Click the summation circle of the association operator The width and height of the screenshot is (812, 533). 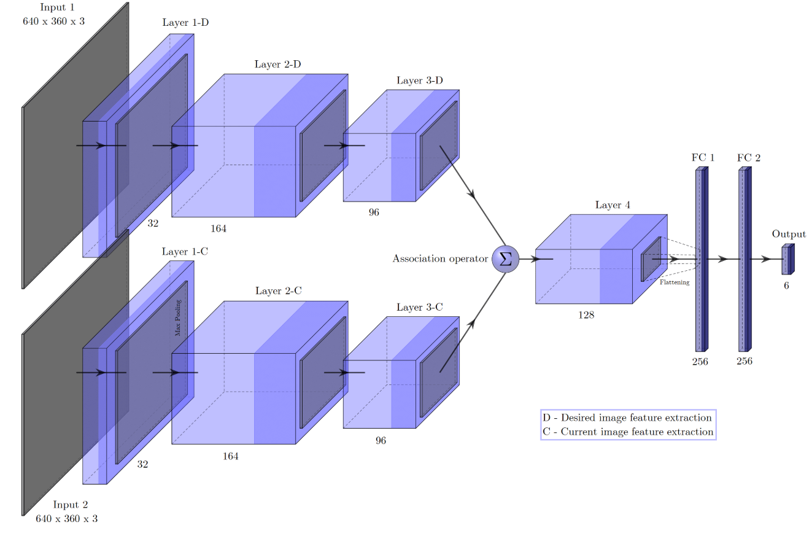[506, 259]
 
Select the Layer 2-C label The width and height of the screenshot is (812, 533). [278, 290]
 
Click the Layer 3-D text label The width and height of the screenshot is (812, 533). [420, 80]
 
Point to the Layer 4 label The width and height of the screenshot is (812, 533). [613, 205]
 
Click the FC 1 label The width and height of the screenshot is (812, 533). [703, 158]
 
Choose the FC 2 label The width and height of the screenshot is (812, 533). [749, 158]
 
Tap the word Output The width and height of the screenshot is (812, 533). [789, 234]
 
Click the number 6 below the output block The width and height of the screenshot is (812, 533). [786, 286]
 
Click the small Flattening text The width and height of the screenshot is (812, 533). [675, 282]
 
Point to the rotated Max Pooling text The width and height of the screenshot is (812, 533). [179, 317]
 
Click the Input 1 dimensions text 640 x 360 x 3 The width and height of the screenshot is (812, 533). [53, 20]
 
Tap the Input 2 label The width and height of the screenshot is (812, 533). [70, 505]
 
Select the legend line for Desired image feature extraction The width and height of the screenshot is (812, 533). [627, 418]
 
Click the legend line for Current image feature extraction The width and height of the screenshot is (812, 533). [628, 432]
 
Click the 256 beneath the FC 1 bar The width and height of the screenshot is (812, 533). [700, 362]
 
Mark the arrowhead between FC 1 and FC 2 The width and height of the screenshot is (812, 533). [723, 259]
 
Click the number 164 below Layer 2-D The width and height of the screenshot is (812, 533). [218, 228]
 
